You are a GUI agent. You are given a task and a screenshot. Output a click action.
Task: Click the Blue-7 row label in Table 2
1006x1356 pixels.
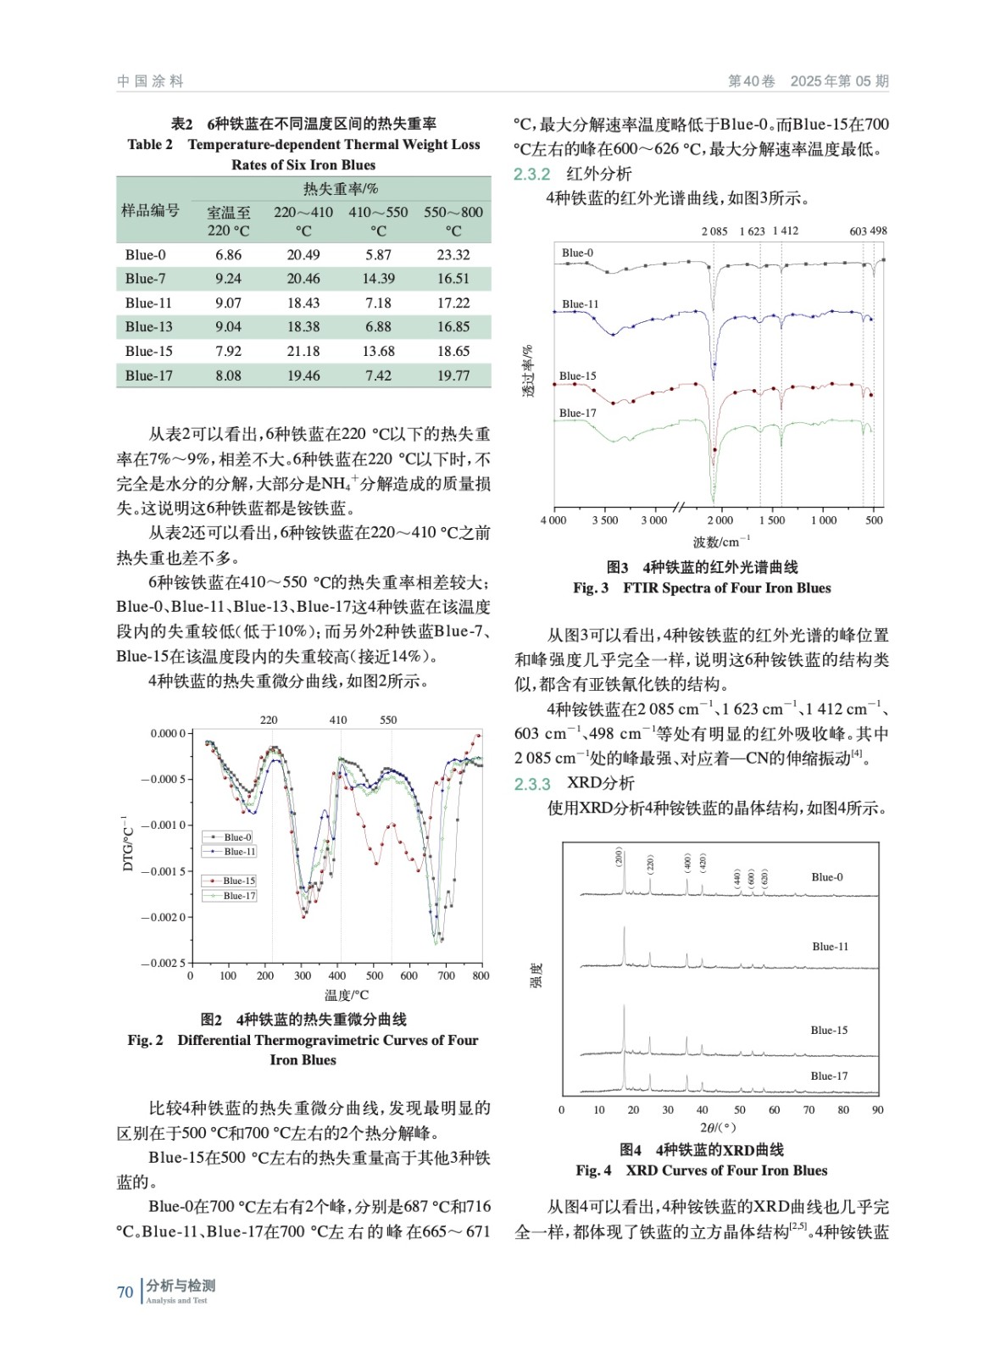coord(145,279)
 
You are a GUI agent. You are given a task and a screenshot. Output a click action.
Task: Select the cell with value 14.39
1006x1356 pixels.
coord(378,279)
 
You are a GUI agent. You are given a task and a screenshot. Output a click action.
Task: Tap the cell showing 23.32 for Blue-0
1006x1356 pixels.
coord(453,255)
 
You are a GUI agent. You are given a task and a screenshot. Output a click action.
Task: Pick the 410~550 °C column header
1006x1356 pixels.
coord(378,221)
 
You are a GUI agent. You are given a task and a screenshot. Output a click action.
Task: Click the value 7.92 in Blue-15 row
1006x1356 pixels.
coord(228,352)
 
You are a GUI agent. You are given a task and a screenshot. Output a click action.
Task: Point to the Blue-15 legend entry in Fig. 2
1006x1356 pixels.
coord(238,881)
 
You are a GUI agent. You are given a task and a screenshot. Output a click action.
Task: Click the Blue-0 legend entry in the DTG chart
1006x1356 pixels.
coord(238,837)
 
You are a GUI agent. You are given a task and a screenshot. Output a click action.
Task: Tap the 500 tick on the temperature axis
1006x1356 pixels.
coord(375,976)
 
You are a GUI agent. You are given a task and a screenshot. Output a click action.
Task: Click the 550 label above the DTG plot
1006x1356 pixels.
coord(388,720)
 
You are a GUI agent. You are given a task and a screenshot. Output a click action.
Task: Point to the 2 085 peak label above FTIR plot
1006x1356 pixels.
coord(714,231)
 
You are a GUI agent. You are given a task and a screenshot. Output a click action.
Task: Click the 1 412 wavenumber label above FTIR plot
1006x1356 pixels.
coord(785,231)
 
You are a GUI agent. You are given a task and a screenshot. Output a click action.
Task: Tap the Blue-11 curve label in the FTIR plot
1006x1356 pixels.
coord(580,304)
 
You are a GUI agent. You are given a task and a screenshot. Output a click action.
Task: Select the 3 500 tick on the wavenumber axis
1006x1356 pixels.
coord(605,520)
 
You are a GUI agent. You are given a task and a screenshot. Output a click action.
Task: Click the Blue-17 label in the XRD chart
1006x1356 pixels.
coord(829,1076)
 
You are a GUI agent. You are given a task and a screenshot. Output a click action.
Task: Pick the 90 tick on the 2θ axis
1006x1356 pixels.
coord(877,1110)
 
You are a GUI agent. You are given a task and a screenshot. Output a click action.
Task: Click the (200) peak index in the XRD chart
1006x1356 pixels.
coord(619,857)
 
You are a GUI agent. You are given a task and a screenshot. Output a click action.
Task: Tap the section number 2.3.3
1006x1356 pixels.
coord(532,784)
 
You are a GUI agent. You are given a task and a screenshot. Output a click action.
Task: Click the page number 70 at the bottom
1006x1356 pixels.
coord(125,1292)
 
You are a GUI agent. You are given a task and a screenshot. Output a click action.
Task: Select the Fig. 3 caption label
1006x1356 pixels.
coord(591,588)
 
